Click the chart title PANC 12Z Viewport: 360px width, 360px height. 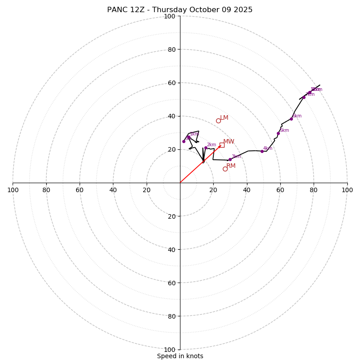click(x=180, y=10)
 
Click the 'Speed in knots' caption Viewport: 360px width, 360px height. click(x=180, y=356)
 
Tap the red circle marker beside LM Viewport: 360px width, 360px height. click(x=218, y=121)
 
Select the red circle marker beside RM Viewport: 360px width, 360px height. click(x=225, y=169)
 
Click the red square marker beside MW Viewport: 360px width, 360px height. click(x=222, y=145)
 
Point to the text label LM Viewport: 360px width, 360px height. click(x=224, y=118)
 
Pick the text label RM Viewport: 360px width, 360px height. click(x=231, y=166)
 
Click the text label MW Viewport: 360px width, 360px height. click(x=229, y=142)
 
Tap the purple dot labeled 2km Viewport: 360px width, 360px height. click(x=206, y=148)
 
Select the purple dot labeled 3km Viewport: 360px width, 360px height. click(x=230, y=159)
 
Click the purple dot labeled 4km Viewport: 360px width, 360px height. click(x=262, y=151)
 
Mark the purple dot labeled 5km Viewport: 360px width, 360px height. click(x=278, y=133)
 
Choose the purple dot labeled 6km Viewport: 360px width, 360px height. click(x=291, y=119)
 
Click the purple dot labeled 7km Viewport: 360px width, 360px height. click(x=304, y=97)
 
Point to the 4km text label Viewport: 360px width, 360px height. click(x=268, y=148)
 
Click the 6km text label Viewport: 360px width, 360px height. click(x=297, y=116)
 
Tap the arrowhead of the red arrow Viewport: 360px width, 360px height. click(x=220, y=146)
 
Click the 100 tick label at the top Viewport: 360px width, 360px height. click(x=170, y=16)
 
